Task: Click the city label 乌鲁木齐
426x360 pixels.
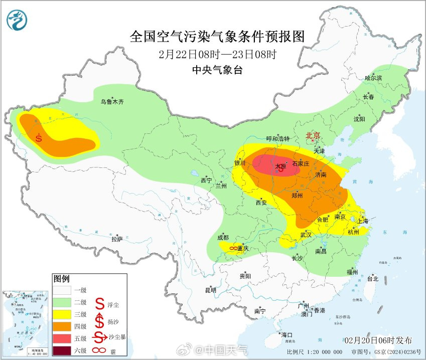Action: [111, 102]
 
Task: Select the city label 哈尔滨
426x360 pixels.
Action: [373, 78]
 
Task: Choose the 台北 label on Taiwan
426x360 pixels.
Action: [372, 278]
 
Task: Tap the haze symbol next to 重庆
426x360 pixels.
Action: [233, 248]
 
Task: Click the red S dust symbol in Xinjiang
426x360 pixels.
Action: [39, 137]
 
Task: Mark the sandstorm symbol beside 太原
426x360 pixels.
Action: [282, 169]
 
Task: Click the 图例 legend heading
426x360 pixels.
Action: [62, 279]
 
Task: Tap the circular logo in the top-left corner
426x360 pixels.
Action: [18, 19]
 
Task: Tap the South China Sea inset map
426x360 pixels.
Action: [26, 324]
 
